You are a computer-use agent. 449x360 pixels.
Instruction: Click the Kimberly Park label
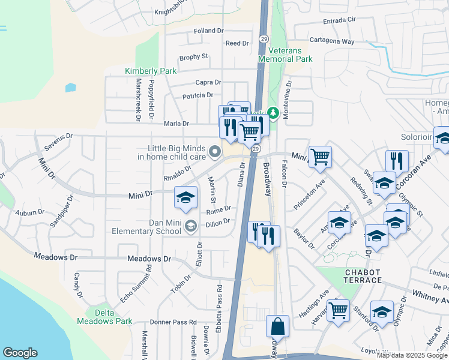tap(151, 71)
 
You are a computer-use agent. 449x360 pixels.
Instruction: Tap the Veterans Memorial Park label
tap(286, 55)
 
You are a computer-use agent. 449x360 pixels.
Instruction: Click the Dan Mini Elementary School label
tap(152, 226)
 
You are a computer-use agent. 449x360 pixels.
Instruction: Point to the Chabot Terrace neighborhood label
tap(363, 277)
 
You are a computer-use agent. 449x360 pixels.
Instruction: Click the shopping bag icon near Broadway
tap(277, 327)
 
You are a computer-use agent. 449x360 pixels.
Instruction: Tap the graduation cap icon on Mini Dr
tap(186, 197)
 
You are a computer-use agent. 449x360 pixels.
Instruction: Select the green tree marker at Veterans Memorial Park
tap(273, 113)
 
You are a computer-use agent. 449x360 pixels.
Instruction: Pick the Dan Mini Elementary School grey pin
tap(191, 226)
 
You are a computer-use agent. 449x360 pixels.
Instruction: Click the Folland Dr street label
tap(208, 31)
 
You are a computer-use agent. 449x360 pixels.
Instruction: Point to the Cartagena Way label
tap(331, 42)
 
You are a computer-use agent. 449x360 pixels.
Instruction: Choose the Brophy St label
tap(193, 57)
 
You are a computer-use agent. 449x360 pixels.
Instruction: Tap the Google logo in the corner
tap(20, 353)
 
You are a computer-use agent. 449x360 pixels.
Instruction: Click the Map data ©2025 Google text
tap(412, 355)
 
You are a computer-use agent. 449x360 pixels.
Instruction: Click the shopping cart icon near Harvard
tap(338, 310)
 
